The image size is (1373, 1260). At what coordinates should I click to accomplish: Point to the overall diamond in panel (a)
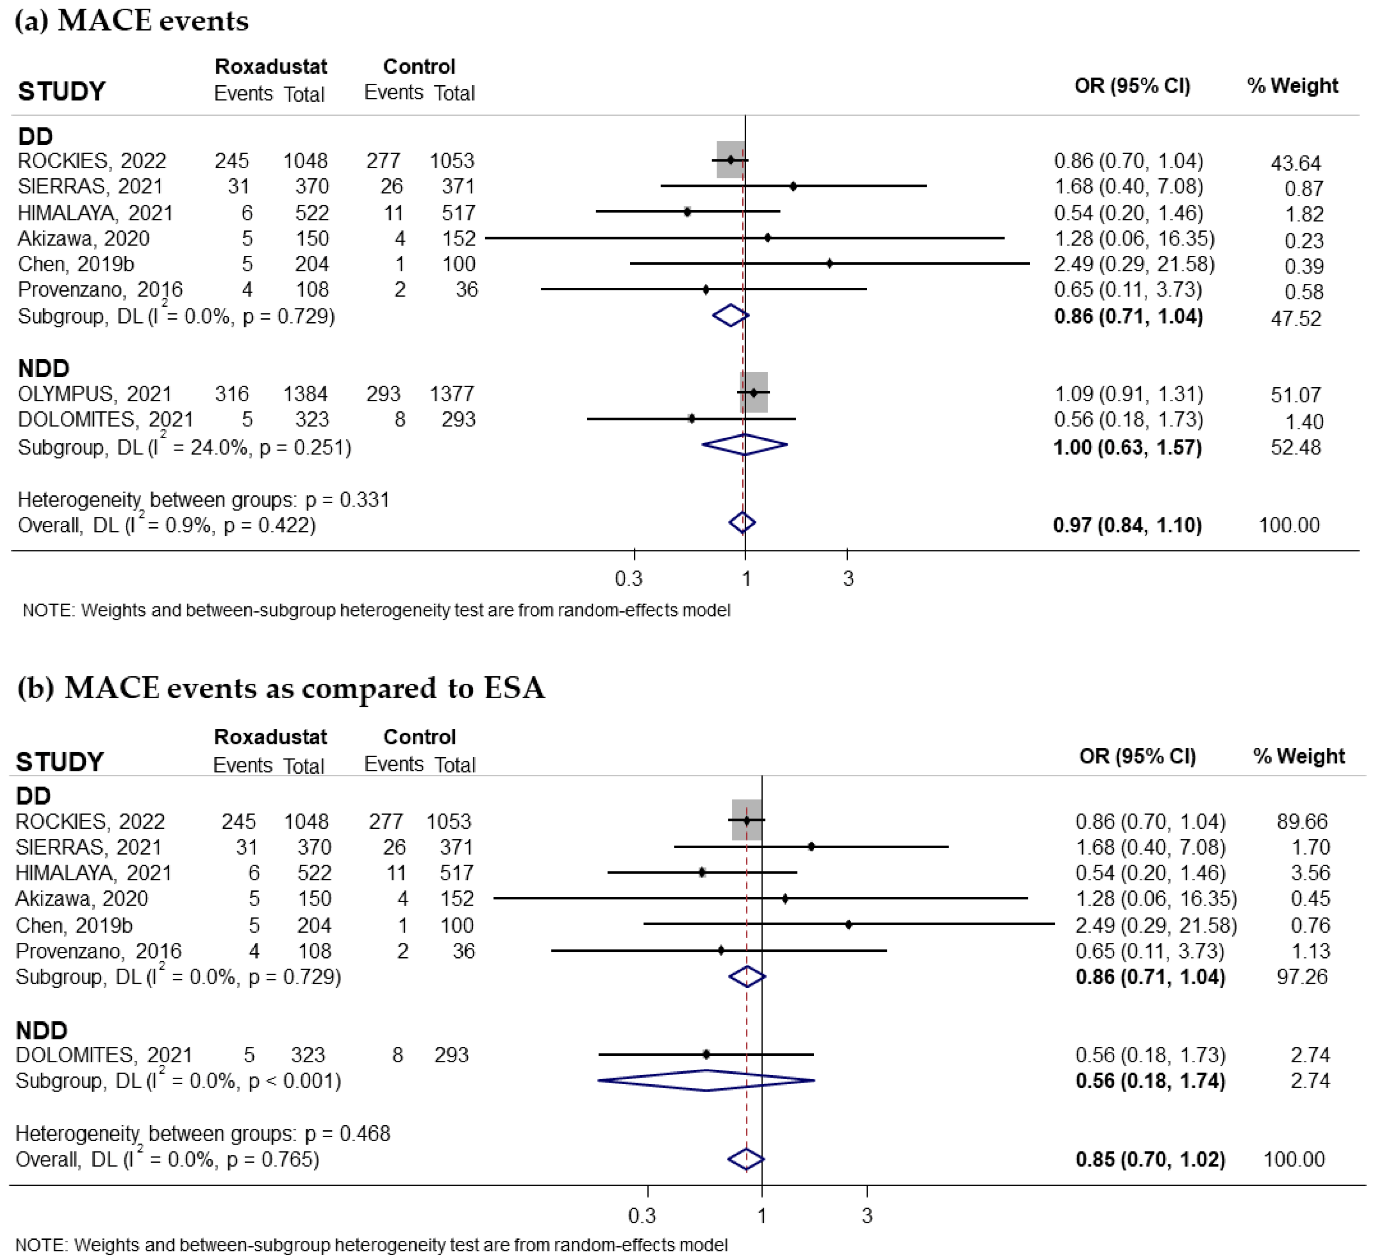pos(742,523)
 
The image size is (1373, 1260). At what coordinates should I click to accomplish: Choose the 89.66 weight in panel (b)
pos(1301,821)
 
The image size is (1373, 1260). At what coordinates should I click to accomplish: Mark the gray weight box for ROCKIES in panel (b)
pos(747,820)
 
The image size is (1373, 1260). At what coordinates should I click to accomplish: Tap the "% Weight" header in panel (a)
pos(1292,86)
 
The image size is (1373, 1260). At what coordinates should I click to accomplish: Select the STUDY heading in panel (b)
pos(60,762)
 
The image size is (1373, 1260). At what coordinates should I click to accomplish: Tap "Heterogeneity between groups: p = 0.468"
pos(202,1134)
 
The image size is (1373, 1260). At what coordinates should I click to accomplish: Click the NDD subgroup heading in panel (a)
pos(44,369)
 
